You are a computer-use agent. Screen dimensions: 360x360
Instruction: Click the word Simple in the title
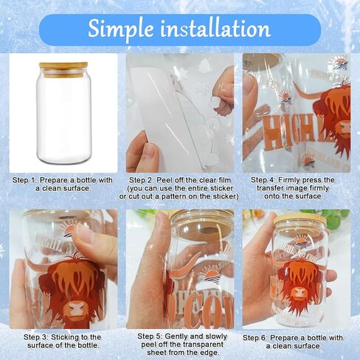coord(120,29)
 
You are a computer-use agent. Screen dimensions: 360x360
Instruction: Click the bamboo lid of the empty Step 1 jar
coord(63,67)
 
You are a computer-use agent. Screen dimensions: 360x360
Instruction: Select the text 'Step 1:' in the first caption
coord(24,180)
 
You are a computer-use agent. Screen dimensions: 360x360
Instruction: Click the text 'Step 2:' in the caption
coord(141,180)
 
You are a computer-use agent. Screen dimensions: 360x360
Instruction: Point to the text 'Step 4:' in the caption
coord(263,180)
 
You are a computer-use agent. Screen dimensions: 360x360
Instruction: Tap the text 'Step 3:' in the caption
coord(35,337)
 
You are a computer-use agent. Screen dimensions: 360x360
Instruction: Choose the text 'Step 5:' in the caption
coord(149,336)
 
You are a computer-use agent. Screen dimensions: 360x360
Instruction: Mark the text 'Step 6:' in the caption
coord(255,338)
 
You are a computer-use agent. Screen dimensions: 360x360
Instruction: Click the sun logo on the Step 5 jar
coord(211,276)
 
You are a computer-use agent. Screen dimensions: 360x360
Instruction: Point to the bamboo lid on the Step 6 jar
coord(300,220)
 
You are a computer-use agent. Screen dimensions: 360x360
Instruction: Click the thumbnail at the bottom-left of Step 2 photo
coord(148,149)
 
